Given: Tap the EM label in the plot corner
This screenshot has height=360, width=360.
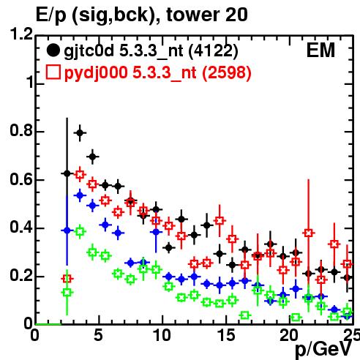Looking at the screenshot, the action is pyautogui.click(x=320, y=50).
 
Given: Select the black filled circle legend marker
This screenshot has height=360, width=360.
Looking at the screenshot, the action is pyautogui.click(x=53, y=50).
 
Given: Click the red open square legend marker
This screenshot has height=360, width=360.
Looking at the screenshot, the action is pyautogui.click(x=53, y=72).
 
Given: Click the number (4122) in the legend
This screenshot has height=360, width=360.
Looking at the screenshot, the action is pyautogui.click(x=213, y=51).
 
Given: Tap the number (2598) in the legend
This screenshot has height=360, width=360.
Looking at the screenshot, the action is pyautogui.click(x=227, y=73).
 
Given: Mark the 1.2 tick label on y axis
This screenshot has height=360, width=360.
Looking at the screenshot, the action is pyautogui.click(x=21, y=34).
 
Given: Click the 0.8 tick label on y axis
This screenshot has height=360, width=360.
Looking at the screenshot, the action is pyautogui.click(x=21, y=130).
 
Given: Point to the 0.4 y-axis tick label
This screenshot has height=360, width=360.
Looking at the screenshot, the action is pyautogui.click(x=21, y=227).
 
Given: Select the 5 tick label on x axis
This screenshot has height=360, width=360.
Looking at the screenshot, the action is pyautogui.click(x=98, y=334).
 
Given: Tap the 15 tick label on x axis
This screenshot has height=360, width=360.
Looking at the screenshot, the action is pyautogui.click(x=226, y=334).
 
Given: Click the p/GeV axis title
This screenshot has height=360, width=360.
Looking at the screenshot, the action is pyautogui.click(x=323, y=349).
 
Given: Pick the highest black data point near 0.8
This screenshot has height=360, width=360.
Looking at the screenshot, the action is pyautogui.click(x=80, y=133).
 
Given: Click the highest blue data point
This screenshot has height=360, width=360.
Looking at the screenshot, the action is pyautogui.click(x=80, y=195).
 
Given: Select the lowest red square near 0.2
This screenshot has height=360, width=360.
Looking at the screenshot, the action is pyautogui.click(x=67, y=278).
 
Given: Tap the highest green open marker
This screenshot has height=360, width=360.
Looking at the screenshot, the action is pyautogui.click(x=80, y=231).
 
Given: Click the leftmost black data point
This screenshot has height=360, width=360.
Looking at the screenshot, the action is pyautogui.click(x=67, y=173).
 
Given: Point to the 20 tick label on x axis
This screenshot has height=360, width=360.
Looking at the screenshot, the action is pyautogui.click(x=289, y=334).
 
